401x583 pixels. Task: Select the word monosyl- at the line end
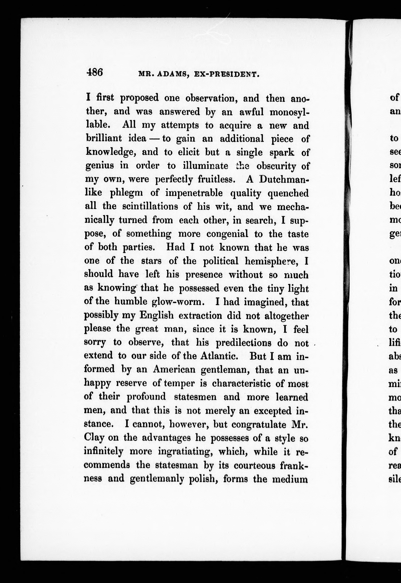pyautogui.click(x=289, y=112)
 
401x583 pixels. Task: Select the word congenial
pyautogui.click(x=227, y=234)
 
